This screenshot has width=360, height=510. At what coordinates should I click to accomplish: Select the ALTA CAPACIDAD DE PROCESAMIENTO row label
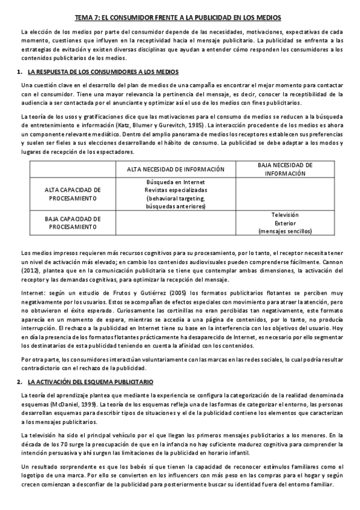pyautogui.click(x=73, y=193)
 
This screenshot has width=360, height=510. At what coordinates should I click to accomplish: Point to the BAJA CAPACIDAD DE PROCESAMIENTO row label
pyautogui.click(x=73, y=223)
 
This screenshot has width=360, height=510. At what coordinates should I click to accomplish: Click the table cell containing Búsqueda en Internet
pyautogui.click(x=175, y=194)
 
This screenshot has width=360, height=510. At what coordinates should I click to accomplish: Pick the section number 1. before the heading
pyautogui.click(x=20, y=72)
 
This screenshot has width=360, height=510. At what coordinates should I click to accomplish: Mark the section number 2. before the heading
pyautogui.click(x=20, y=382)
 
